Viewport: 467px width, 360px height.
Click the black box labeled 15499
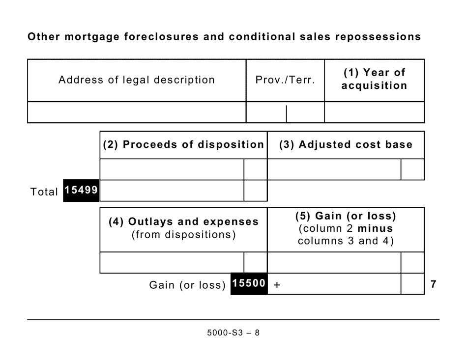81,191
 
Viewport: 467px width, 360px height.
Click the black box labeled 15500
249,284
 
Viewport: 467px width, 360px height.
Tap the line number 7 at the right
433,284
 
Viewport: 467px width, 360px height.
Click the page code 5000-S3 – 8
233,332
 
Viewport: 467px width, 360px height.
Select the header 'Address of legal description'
137,80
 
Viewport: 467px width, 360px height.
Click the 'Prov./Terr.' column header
285,80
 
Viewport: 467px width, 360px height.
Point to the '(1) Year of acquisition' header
374,79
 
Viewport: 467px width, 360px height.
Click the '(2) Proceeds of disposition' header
183,145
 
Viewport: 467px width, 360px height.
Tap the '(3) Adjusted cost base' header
346,145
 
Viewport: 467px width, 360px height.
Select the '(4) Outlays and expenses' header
183,222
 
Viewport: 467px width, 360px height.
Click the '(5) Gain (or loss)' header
346,216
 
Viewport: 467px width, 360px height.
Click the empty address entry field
137,112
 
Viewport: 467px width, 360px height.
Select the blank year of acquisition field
374,112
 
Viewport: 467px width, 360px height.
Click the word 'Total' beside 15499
44,192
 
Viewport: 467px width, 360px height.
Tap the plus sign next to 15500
277,285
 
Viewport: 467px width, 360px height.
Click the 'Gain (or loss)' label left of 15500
187,285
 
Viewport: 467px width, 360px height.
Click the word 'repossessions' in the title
379,37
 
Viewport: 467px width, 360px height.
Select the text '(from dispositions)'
183,235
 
